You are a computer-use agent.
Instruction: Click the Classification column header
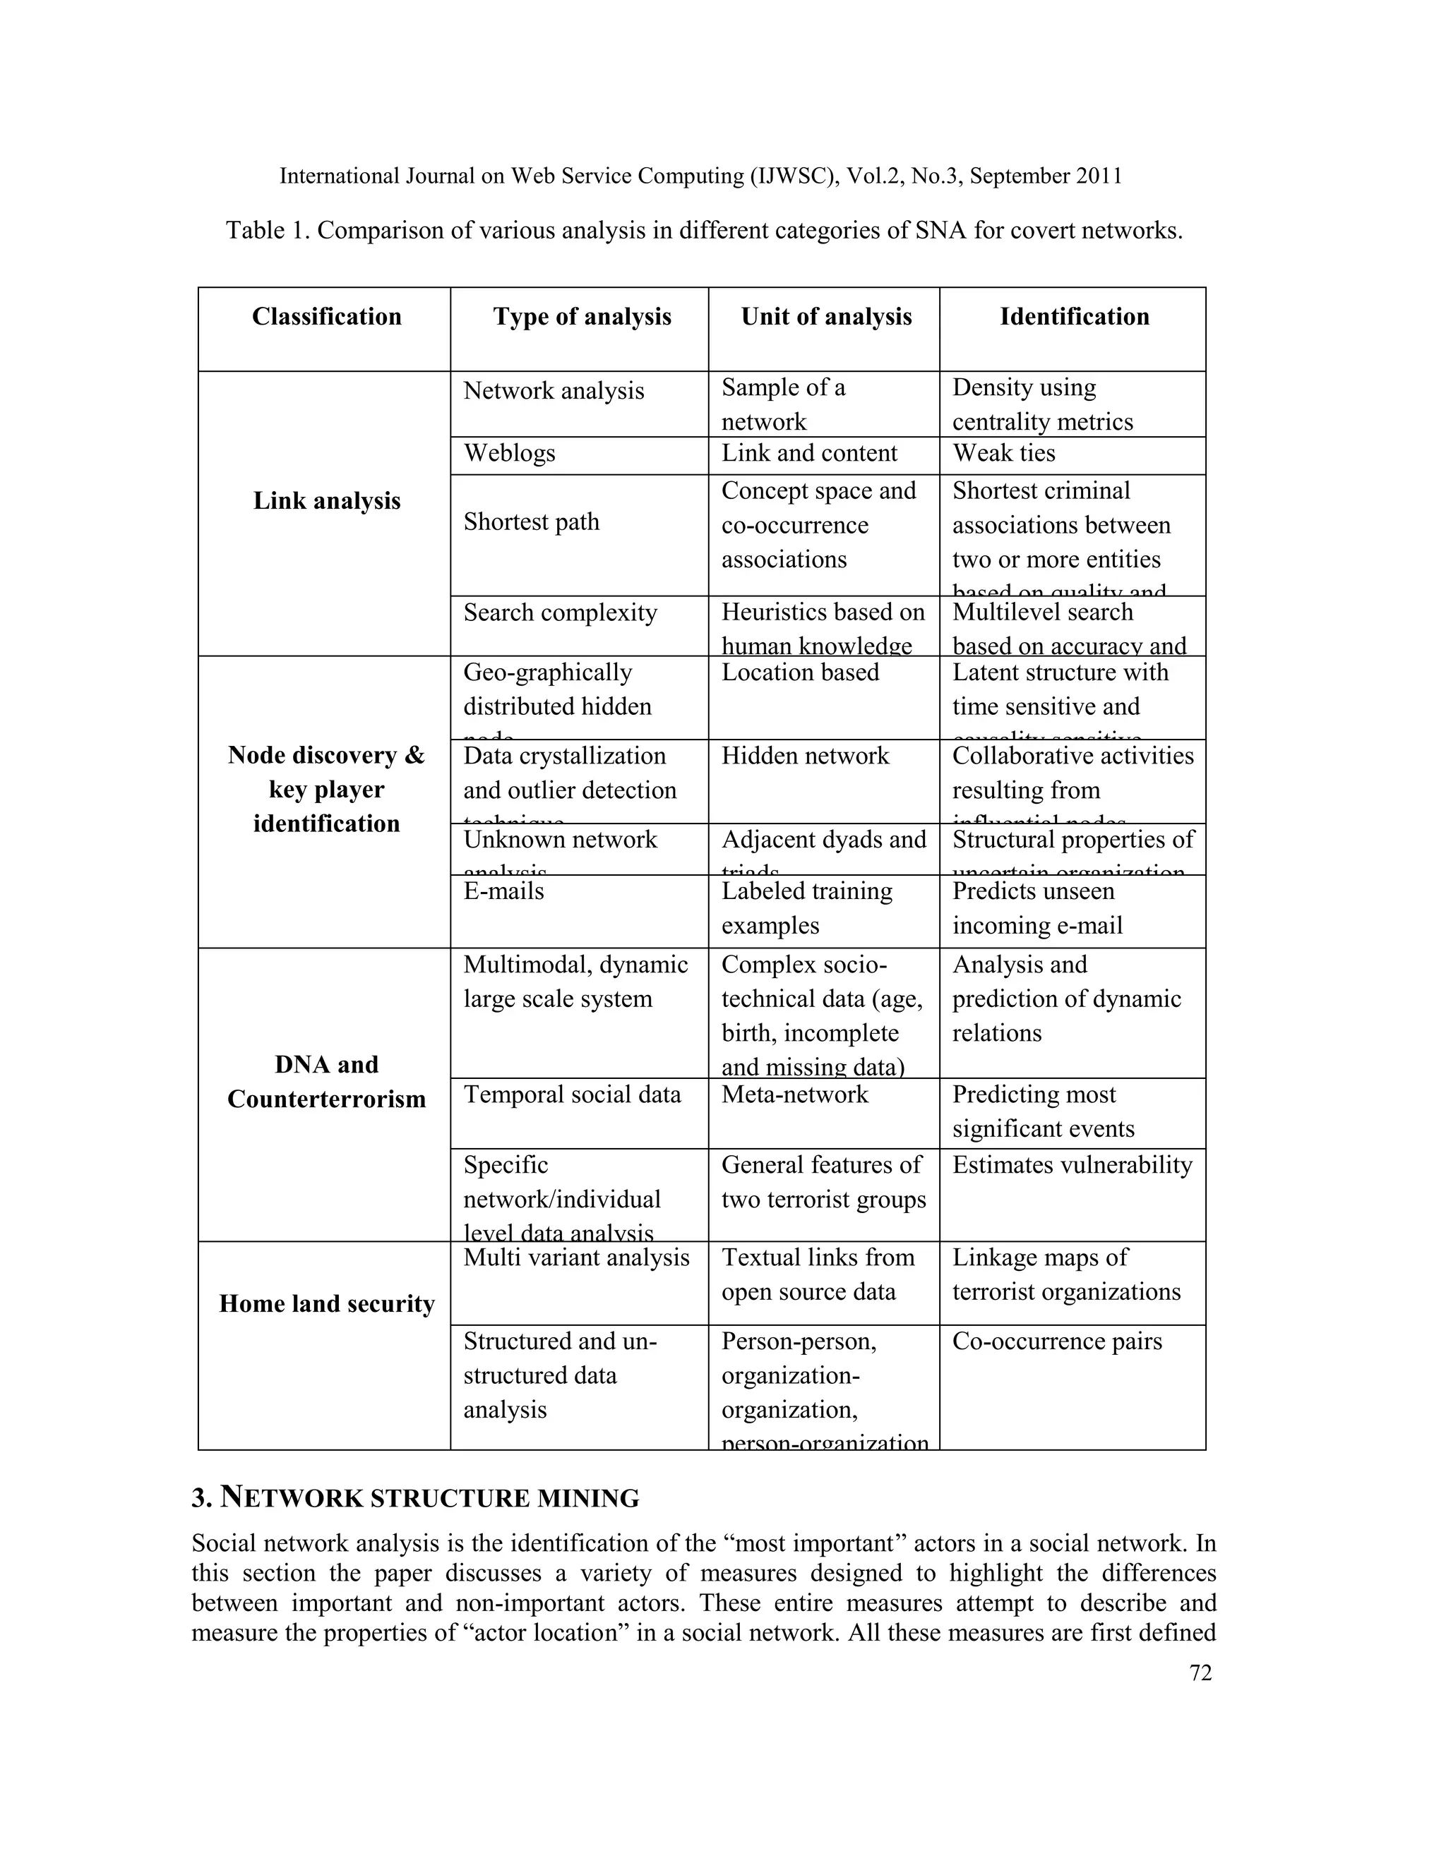click(x=326, y=317)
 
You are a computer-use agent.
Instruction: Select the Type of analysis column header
click(x=582, y=317)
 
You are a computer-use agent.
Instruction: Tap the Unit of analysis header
click(x=826, y=317)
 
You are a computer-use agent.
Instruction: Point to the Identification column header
click(x=1074, y=317)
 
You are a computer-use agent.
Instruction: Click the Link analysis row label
click(x=326, y=501)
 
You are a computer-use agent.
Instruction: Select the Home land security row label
click(x=326, y=1303)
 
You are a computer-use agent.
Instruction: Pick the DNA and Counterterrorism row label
click(x=326, y=1081)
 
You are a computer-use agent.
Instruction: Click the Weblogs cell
click(x=510, y=453)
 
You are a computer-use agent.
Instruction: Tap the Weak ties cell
click(x=1003, y=453)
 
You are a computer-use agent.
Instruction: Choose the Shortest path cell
click(x=531, y=521)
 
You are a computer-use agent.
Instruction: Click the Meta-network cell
click(x=794, y=1094)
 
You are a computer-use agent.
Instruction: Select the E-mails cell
click(x=503, y=891)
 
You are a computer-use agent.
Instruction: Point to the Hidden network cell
click(x=804, y=756)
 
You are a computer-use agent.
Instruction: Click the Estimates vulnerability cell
click(x=1072, y=1164)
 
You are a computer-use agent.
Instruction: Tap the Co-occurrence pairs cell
click(x=1057, y=1341)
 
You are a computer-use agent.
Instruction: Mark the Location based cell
click(x=799, y=672)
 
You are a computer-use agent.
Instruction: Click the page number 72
click(x=1200, y=1673)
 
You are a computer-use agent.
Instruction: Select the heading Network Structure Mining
click(x=415, y=1497)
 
